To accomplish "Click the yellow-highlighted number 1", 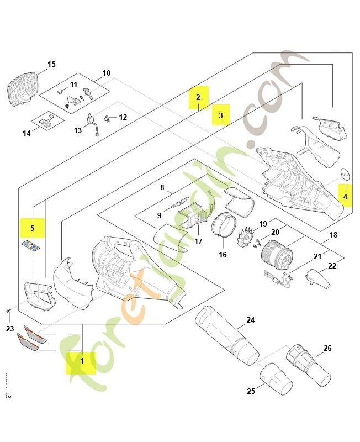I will pyautogui.click(x=81, y=361).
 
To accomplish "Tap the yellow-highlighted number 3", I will pyautogui.click(x=221, y=115).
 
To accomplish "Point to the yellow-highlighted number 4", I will pyautogui.click(x=345, y=196).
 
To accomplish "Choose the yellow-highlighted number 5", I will pyautogui.click(x=32, y=228).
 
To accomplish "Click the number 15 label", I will pyautogui.click(x=51, y=65).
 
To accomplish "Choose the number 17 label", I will pyautogui.click(x=198, y=241).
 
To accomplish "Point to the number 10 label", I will pyautogui.click(x=107, y=73).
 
